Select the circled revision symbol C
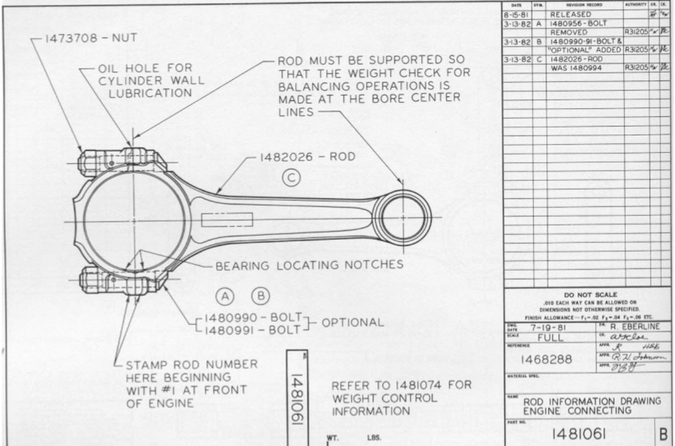(x=291, y=178)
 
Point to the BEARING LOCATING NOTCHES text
(x=309, y=265)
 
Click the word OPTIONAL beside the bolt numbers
(x=352, y=323)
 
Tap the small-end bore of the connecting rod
(x=403, y=218)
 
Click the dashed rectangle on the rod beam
(x=227, y=219)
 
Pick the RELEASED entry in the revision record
(x=570, y=14)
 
